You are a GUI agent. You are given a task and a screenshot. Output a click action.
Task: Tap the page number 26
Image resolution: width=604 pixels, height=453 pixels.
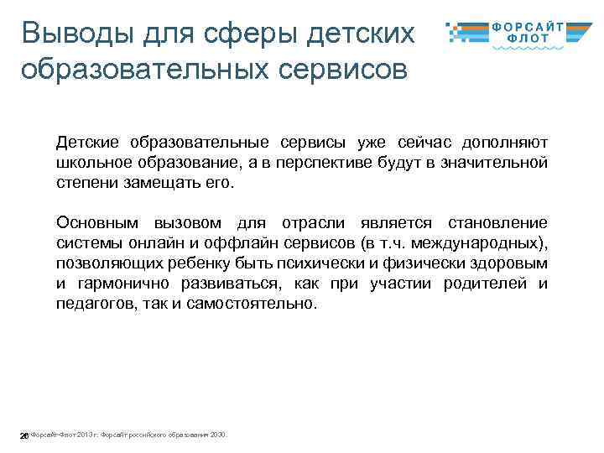tap(24, 435)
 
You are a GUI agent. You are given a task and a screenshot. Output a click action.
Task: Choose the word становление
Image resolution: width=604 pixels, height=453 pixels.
tap(497, 223)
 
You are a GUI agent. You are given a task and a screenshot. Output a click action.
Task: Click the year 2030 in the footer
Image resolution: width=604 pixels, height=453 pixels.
tap(217, 435)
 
